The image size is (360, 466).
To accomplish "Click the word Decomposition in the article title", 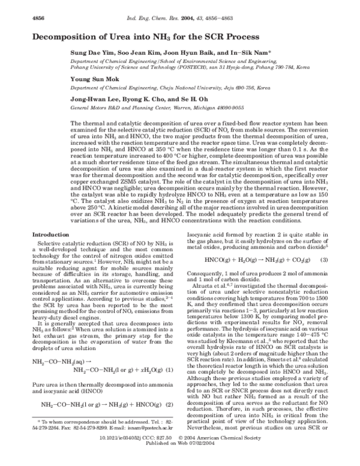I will point(71,37).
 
